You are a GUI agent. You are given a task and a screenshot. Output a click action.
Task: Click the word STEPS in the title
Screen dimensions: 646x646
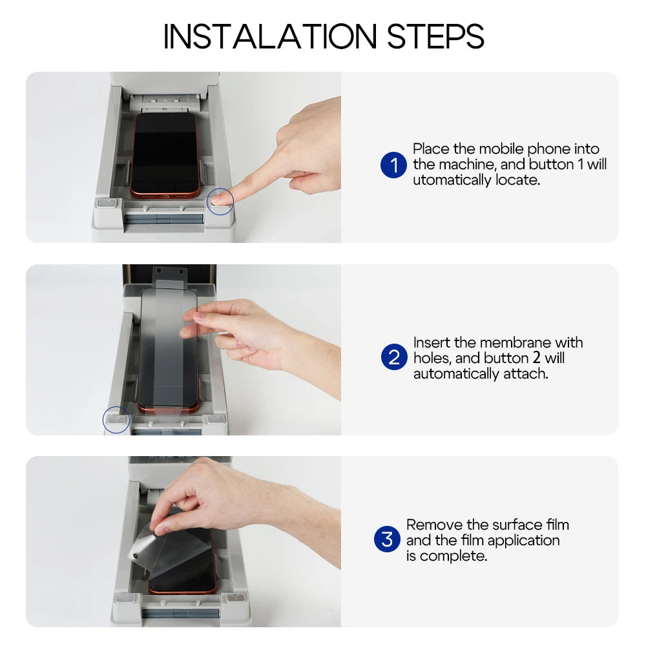pyautogui.click(x=435, y=37)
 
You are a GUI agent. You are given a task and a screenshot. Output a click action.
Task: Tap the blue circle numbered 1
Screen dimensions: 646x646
pyautogui.click(x=393, y=165)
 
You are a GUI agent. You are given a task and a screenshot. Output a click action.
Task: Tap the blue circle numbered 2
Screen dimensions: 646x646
pyautogui.click(x=393, y=357)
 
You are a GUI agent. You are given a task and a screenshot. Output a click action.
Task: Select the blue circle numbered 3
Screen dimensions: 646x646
pyautogui.click(x=387, y=539)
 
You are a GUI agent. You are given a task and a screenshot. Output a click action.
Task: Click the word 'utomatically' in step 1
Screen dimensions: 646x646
pyautogui.click(x=452, y=180)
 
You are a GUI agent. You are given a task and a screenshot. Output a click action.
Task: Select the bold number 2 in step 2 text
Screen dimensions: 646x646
pyautogui.click(x=536, y=358)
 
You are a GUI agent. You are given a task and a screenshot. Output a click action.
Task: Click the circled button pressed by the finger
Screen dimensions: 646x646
pyautogui.click(x=221, y=202)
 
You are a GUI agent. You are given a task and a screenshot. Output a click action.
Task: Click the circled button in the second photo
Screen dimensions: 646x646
pyautogui.click(x=116, y=420)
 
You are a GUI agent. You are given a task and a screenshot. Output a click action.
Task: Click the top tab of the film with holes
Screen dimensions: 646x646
pyautogui.click(x=170, y=275)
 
